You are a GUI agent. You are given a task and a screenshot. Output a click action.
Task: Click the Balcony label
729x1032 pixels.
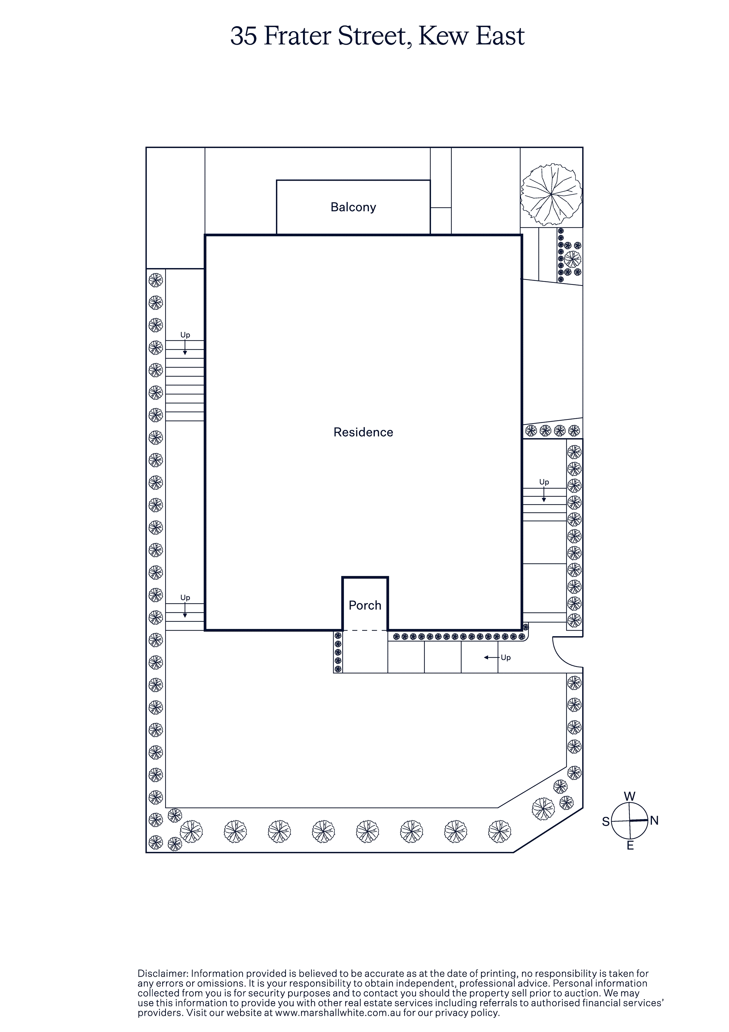(353, 207)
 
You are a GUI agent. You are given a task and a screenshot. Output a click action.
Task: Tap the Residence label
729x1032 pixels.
(363, 432)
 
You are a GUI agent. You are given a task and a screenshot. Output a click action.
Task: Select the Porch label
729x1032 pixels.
(365, 605)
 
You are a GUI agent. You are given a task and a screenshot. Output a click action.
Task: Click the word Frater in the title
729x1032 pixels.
(297, 36)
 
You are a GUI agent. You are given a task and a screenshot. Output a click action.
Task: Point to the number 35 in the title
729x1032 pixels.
(244, 36)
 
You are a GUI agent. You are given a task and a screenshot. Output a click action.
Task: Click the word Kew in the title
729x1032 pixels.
(443, 36)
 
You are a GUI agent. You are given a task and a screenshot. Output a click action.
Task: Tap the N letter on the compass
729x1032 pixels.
(654, 821)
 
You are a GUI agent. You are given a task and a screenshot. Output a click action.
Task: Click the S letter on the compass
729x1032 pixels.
(606, 822)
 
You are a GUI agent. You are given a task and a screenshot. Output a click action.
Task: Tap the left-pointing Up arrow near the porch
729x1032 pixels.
(492, 658)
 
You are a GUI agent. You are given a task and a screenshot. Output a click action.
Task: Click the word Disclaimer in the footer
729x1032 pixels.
(163, 973)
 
